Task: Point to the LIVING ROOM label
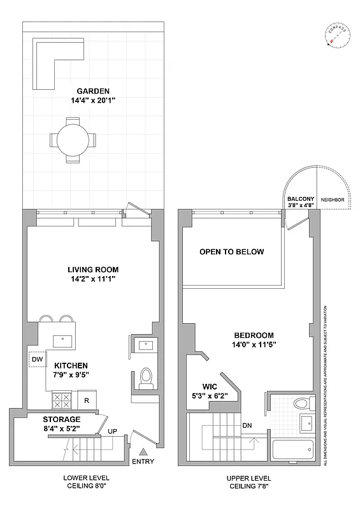[x=93, y=270]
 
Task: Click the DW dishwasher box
[x=36, y=360]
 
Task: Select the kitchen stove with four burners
[x=61, y=400]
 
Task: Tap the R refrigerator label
[x=86, y=401]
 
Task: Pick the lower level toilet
[x=146, y=377]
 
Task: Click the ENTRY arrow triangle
[x=143, y=451]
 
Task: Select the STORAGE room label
[x=62, y=419]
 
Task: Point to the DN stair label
[x=247, y=426]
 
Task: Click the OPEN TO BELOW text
[x=231, y=252]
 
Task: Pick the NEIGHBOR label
[x=332, y=200]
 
